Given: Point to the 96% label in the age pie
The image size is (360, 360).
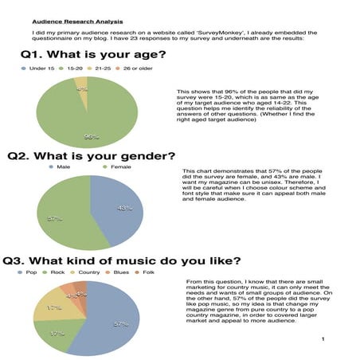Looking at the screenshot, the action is [x=92, y=137].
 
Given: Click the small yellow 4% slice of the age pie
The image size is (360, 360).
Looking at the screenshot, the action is [x=82, y=87].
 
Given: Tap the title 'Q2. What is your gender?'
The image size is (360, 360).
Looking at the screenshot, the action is [x=92, y=157].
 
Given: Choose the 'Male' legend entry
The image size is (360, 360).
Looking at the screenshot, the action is [x=62, y=168].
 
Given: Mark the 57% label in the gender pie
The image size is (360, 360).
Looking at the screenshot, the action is [x=55, y=218].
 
